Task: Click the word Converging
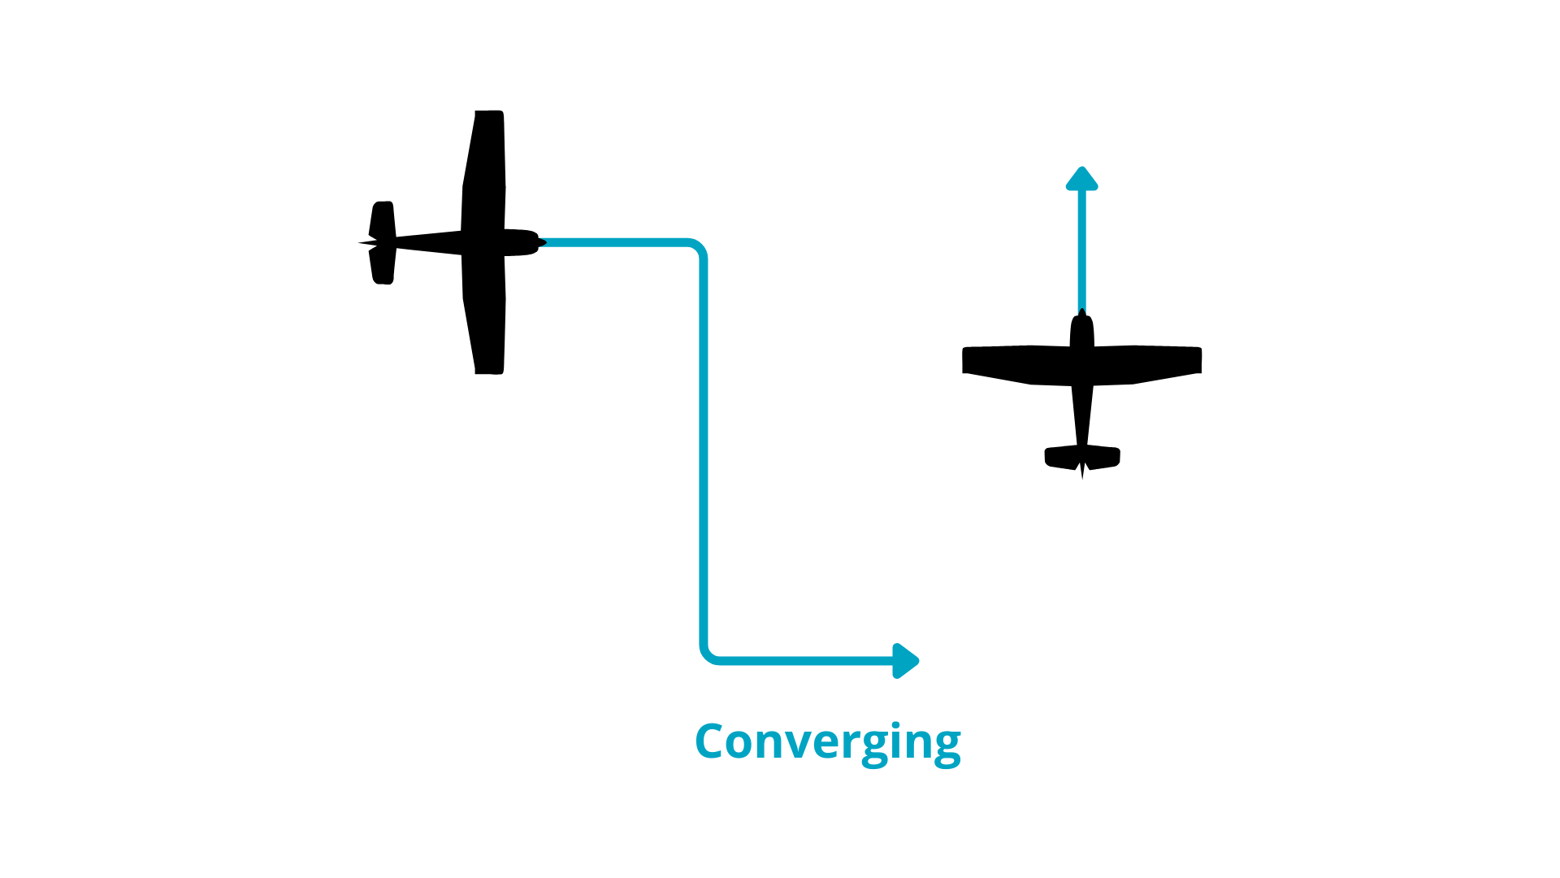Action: coord(827,741)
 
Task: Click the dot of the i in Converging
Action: coord(895,725)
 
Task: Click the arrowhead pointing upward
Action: coord(1081,179)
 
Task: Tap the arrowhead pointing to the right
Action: coord(905,661)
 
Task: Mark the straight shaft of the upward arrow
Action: coord(1081,252)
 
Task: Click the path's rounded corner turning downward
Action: coord(697,248)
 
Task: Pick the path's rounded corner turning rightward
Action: coord(709,654)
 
